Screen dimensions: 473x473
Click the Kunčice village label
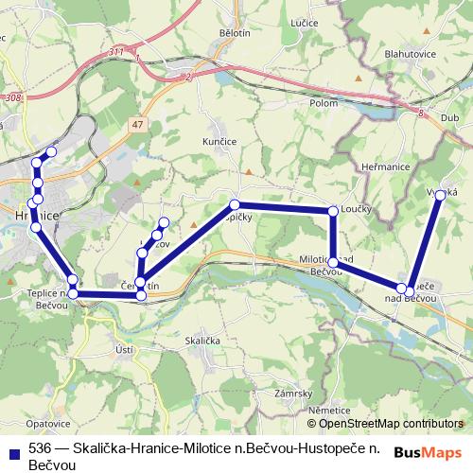219,142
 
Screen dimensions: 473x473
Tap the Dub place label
449,117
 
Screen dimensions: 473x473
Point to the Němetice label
327,410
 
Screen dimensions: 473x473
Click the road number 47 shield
138,125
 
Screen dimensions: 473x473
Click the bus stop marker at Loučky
333,211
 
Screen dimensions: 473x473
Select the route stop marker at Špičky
235,204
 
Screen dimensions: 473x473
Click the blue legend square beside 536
12,451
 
